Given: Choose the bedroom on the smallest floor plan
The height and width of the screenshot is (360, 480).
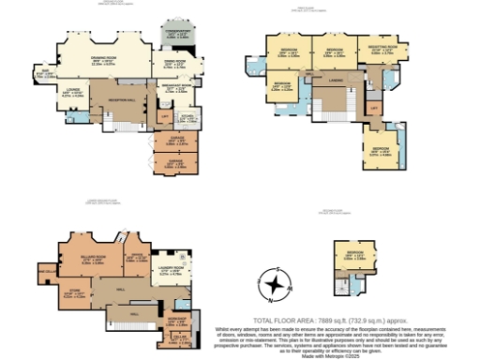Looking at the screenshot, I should coord(354,257).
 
